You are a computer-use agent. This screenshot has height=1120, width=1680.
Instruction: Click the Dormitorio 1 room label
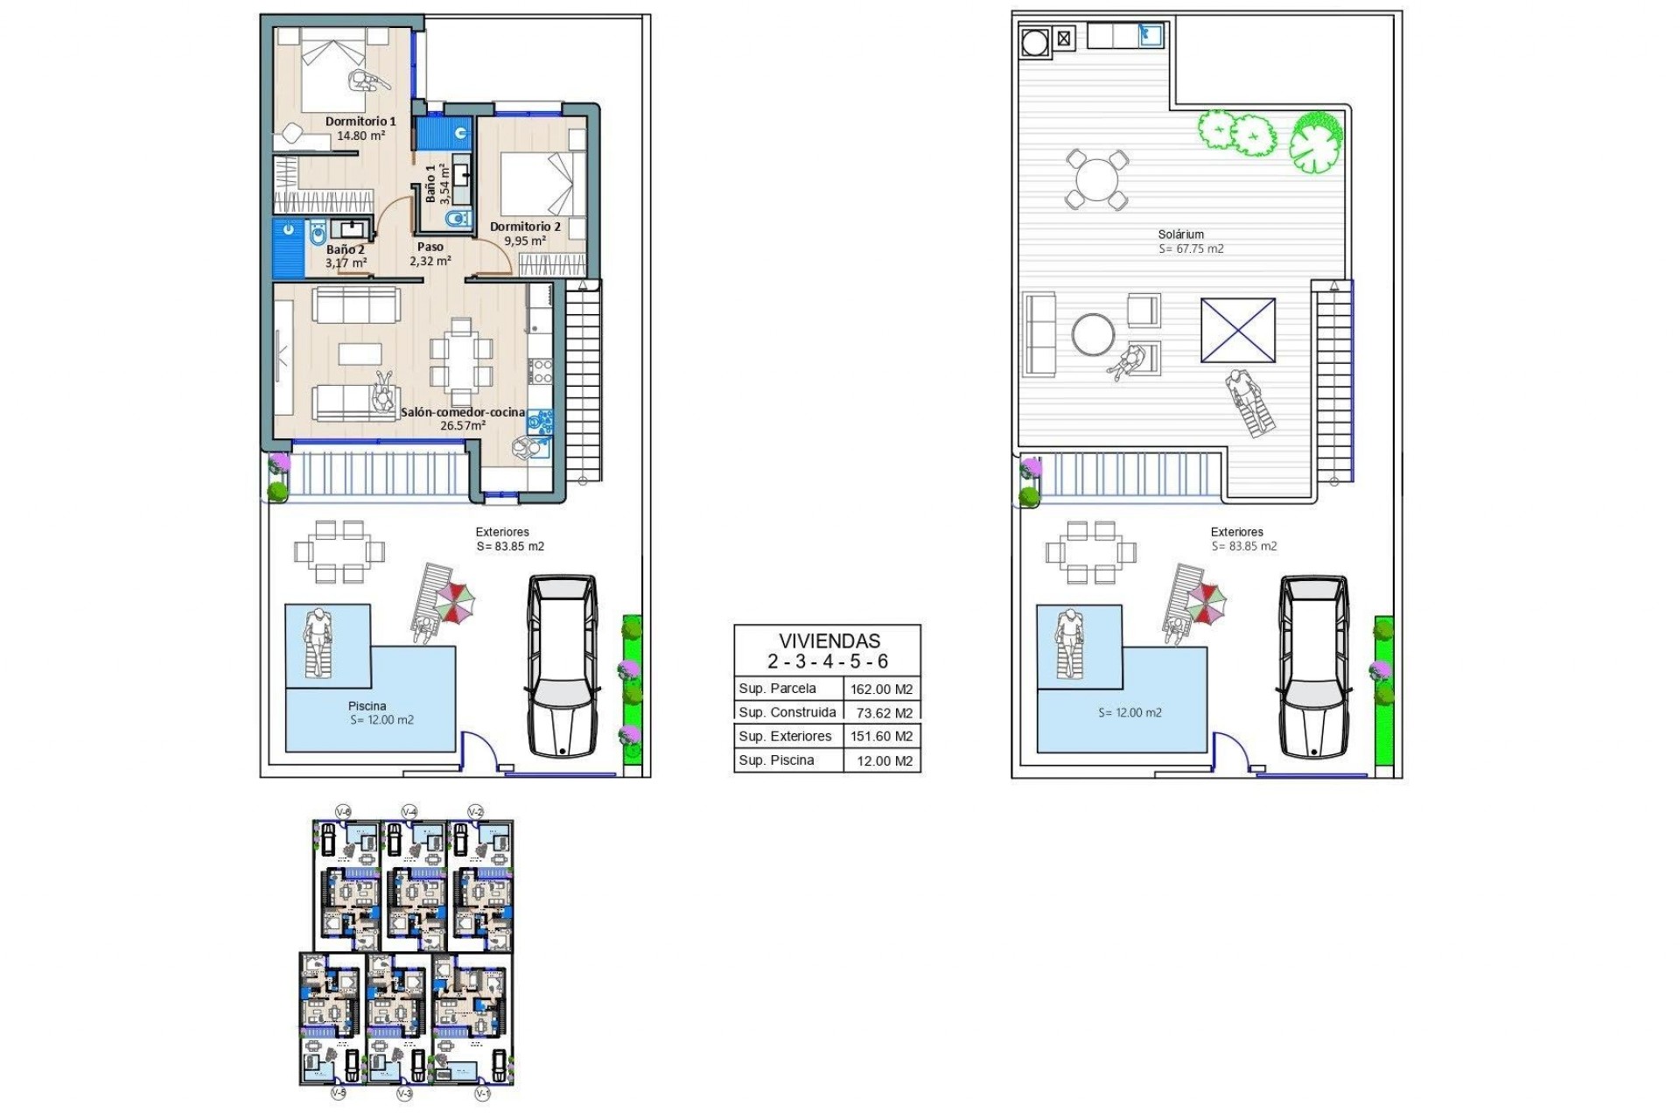coord(360,122)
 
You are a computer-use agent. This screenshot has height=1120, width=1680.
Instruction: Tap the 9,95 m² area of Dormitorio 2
coord(525,241)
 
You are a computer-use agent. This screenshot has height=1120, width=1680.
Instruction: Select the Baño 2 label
coord(345,249)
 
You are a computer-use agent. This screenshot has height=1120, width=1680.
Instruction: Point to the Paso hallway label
coord(430,247)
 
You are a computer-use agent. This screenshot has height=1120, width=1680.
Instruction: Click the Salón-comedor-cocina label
coord(463,412)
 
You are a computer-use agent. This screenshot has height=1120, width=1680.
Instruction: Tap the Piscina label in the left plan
coord(367,706)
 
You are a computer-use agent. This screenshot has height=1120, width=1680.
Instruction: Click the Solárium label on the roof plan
coord(1180,234)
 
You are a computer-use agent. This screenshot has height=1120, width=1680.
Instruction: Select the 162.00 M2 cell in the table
coord(881,689)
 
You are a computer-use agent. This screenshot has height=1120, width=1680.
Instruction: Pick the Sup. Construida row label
coord(787,712)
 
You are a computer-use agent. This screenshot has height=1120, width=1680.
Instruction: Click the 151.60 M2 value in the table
coord(881,737)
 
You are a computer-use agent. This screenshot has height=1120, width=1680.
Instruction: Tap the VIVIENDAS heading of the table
coord(829,640)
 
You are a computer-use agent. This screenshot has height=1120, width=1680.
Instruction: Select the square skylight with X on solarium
coord(1237,330)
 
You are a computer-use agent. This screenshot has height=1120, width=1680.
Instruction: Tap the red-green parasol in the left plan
coord(456,603)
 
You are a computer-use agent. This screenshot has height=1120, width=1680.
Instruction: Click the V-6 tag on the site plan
coord(343,812)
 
